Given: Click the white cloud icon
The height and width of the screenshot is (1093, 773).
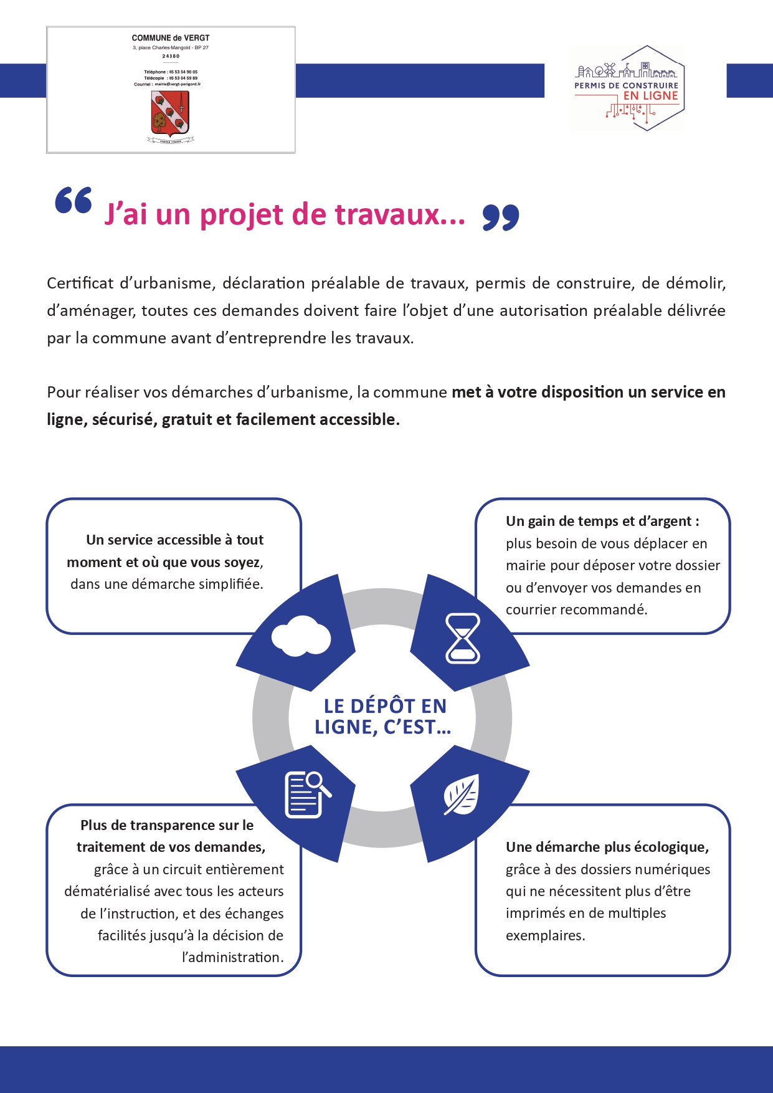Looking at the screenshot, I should click(x=301, y=636).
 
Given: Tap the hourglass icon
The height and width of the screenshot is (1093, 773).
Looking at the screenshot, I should click(x=463, y=638).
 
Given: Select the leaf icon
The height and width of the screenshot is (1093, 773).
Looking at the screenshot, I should click(x=462, y=795).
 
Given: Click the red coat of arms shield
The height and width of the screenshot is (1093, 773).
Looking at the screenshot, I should click(x=170, y=114).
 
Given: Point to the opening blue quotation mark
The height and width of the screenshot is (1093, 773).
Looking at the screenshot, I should click(x=74, y=200).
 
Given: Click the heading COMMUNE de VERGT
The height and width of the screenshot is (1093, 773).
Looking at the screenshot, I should click(x=171, y=38).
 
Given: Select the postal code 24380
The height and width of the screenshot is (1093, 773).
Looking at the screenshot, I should click(x=171, y=56).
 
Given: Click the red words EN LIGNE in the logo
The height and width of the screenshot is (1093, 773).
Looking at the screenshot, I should click(x=650, y=96).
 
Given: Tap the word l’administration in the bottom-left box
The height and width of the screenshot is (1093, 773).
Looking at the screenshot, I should click(x=232, y=957).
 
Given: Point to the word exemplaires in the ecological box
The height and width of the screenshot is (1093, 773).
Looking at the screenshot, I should click(x=544, y=935).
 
